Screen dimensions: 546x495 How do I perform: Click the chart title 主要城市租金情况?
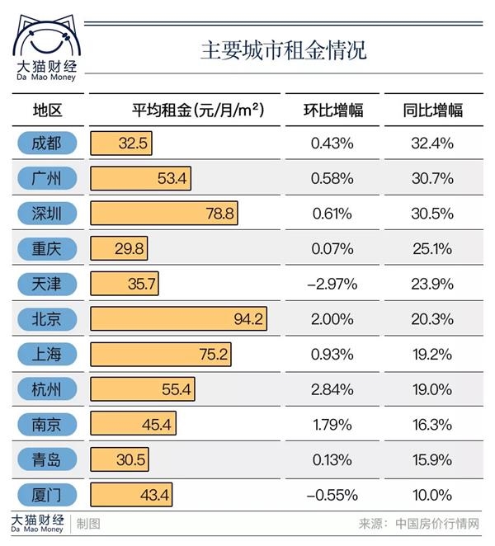pyautogui.click(x=282, y=49)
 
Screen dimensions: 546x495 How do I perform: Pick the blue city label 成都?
pyautogui.click(x=47, y=143)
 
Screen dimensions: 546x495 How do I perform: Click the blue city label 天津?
pyautogui.click(x=47, y=284)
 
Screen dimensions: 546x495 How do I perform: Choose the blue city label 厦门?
pyautogui.click(x=47, y=495)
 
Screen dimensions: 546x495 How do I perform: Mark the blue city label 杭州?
pyautogui.click(x=47, y=389)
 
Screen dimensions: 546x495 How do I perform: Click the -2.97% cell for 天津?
pyautogui.click(x=332, y=284)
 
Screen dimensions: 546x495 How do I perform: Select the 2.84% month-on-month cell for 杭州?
pyautogui.click(x=332, y=389)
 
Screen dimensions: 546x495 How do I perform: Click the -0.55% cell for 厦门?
pyautogui.click(x=332, y=495)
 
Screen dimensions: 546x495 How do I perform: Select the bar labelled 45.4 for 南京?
pyautogui.click(x=134, y=425)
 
